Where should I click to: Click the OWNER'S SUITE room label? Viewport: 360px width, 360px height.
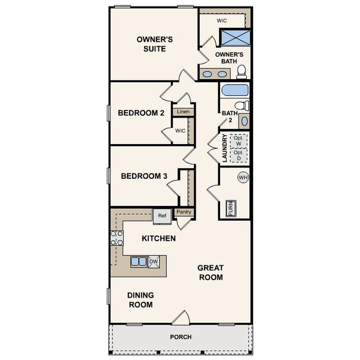154,44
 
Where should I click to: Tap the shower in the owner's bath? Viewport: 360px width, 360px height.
233,37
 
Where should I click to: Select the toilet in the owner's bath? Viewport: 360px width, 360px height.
242,72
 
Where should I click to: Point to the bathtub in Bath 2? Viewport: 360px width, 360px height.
234,91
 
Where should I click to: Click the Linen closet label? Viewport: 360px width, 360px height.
183,112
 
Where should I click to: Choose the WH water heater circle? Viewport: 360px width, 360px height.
243,178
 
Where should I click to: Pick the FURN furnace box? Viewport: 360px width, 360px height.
230,208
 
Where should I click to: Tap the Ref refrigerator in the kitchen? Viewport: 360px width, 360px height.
162,215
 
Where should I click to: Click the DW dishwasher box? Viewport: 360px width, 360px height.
153,262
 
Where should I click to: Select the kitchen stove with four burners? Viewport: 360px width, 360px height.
116,238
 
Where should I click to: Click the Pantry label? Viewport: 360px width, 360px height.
183,212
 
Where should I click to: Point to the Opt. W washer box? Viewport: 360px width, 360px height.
238,141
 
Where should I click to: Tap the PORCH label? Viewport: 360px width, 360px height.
181,337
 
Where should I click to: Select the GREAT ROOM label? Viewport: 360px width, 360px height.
211,272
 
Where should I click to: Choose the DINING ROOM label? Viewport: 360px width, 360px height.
140,299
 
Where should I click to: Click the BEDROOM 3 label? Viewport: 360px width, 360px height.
144,176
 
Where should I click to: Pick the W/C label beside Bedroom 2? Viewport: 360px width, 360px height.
180,131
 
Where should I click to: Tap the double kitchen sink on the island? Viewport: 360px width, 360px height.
139,262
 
